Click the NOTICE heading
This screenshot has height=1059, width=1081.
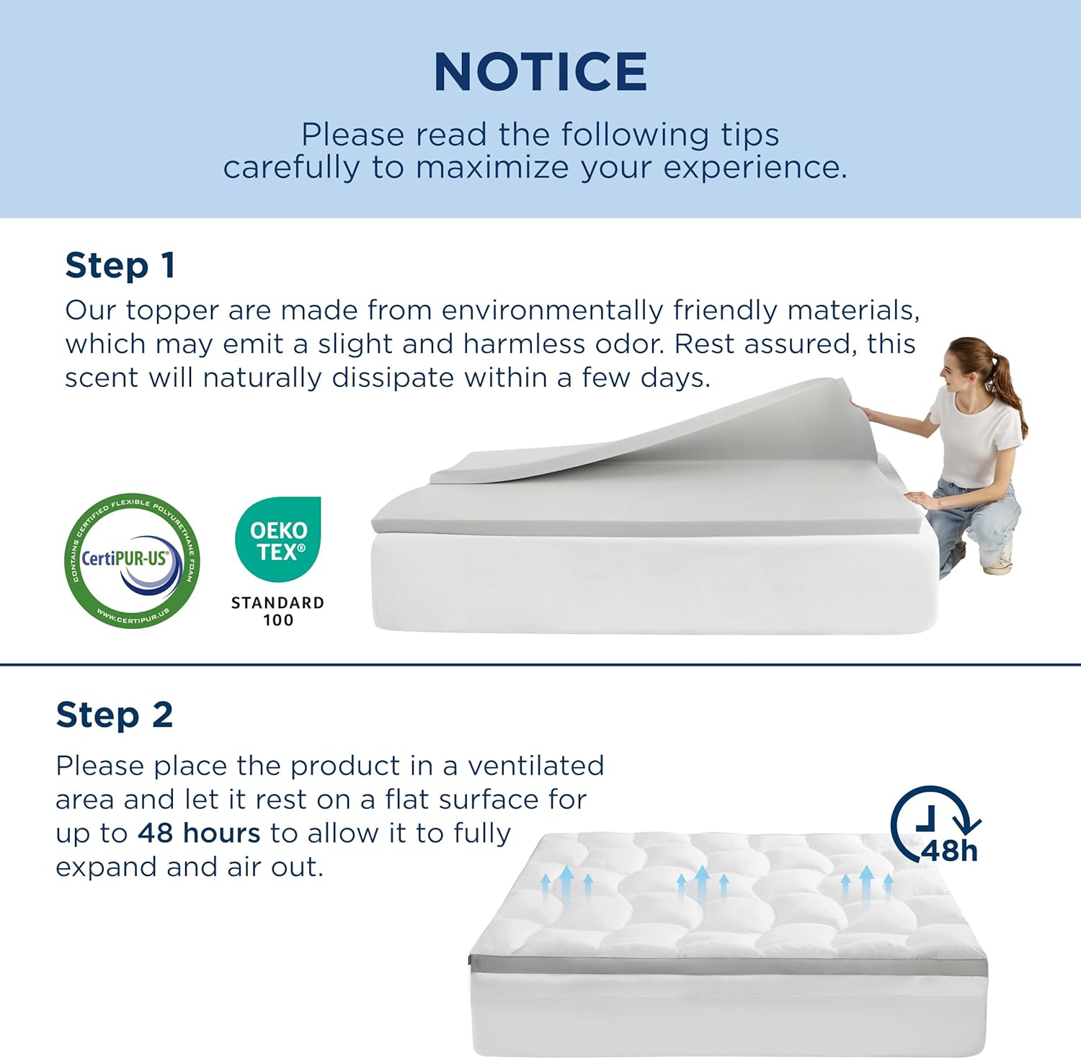pos(540,72)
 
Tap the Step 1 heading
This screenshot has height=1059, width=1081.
pos(120,266)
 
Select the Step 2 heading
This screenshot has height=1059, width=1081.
pos(115,715)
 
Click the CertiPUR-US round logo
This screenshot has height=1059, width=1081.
pos(132,560)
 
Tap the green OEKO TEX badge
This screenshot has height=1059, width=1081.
pos(278,539)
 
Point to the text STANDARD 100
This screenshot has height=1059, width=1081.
pos(277,612)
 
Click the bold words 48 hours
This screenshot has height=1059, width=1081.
pos(199,833)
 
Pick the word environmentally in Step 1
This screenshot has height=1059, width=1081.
pos(552,310)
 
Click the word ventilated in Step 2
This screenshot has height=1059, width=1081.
pos(535,766)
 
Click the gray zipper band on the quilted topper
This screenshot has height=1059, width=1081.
pos(728,966)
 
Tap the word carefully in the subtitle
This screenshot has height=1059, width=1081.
pos(292,168)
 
